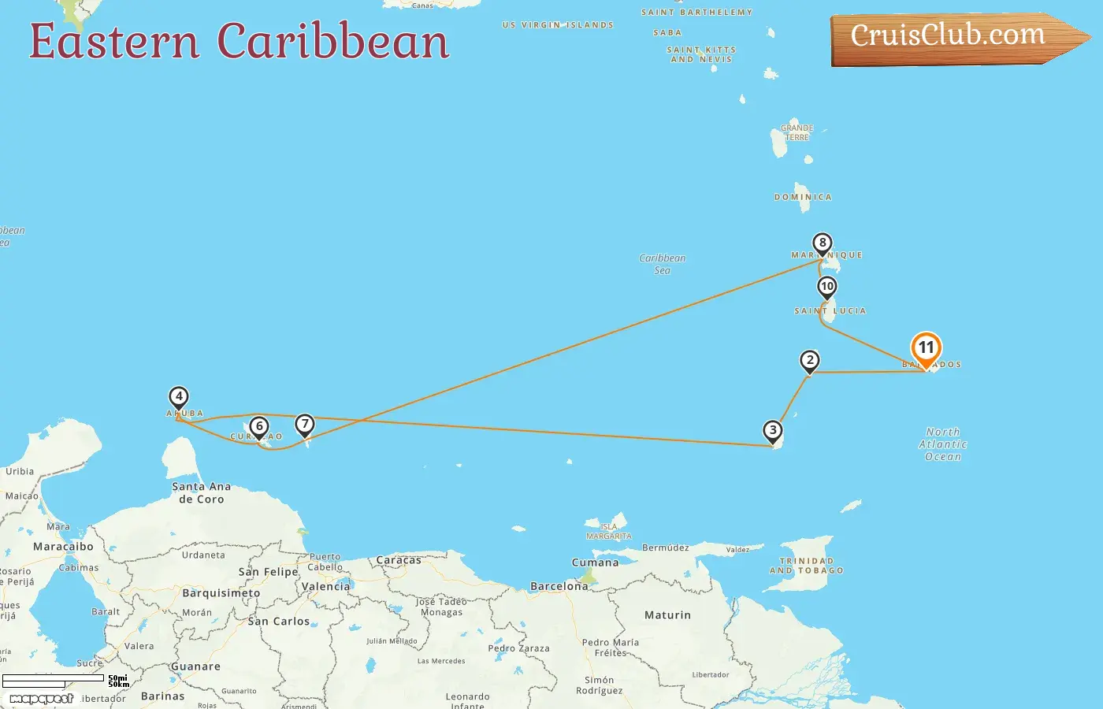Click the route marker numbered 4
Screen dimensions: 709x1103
coord(179,397)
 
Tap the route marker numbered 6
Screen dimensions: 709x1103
coord(258,427)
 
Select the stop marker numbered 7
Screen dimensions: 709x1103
coord(305,425)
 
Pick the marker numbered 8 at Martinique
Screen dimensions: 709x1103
coord(823,243)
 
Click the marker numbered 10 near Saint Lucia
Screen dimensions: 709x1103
coord(826,287)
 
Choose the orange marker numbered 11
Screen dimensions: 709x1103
coord(926,348)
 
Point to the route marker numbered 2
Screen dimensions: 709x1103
coord(809,361)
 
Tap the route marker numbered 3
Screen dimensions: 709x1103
coord(773,430)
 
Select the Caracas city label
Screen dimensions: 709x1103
coord(399,560)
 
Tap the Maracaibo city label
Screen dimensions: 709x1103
coord(63,547)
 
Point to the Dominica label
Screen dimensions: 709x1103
coord(803,197)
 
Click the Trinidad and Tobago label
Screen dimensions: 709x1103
coord(807,566)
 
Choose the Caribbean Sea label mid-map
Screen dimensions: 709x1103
coord(662,264)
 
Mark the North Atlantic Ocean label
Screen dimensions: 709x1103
coord(942,444)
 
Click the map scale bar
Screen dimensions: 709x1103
coord(53,678)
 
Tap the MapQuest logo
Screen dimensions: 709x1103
coord(41,698)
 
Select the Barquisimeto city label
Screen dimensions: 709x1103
coord(221,593)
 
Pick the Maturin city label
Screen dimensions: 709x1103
coord(667,615)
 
